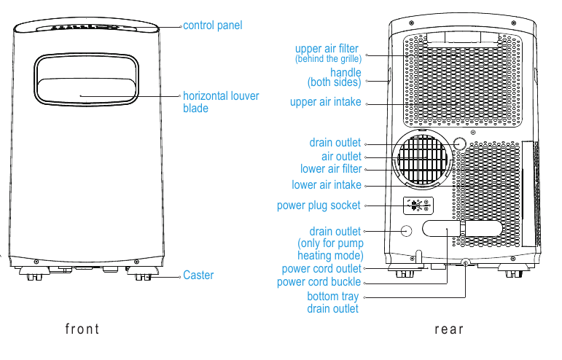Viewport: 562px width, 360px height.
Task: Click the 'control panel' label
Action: (x=212, y=26)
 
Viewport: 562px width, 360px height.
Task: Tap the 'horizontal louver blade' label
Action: (x=220, y=102)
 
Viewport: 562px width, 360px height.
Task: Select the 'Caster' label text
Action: (x=198, y=275)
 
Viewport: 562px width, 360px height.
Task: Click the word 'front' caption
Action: (x=82, y=329)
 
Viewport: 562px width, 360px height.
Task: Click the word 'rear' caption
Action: (x=449, y=329)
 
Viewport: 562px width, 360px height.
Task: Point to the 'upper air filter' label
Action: (x=327, y=52)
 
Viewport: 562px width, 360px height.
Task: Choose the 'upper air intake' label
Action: (x=325, y=102)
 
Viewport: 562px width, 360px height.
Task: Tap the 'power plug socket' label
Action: (x=319, y=206)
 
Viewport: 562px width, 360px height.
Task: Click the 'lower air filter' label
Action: (x=331, y=169)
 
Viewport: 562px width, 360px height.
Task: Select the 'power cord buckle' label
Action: (x=319, y=282)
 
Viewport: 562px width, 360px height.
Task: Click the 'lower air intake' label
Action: (x=327, y=185)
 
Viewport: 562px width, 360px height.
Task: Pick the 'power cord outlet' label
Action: (x=321, y=269)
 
